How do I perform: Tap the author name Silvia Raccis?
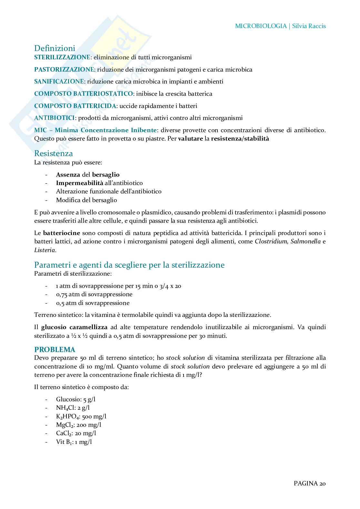pos(309,26)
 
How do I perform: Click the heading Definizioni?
pos(55,48)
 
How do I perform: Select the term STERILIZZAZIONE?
pos(62,57)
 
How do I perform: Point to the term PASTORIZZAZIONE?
pos(65,70)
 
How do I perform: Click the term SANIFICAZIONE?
pos(59,82)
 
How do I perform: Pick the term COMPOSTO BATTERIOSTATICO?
pos(84,94)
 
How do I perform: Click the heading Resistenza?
pos(54,153)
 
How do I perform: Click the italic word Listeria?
pos(45,250)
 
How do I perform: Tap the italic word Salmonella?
pos(305,241)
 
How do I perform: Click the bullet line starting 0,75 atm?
pos(94,294)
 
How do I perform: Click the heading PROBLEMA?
pos(55,350)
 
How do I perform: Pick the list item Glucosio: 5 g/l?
pos(75,399)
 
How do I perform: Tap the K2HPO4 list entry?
pos(81,416)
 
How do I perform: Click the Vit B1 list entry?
pos(74,442)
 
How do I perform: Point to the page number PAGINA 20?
pos(309,484)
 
